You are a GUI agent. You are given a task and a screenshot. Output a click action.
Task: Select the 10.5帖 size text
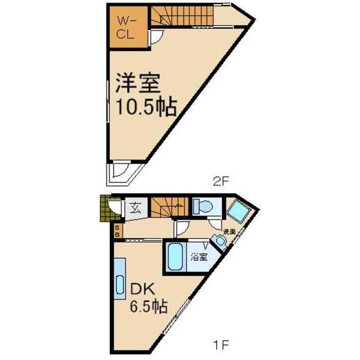coord(142,108)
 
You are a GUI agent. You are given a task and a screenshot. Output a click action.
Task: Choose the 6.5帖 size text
coord(149,308)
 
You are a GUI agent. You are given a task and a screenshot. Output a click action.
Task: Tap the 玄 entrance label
coord(135,209)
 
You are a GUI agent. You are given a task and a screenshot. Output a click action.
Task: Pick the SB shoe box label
coord(117,230)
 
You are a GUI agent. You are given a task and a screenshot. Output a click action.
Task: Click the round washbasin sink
coord(220,241)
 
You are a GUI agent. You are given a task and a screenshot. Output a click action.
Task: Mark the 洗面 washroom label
coord(229,232)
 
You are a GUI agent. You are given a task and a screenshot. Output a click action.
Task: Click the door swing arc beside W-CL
coord(155,37)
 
